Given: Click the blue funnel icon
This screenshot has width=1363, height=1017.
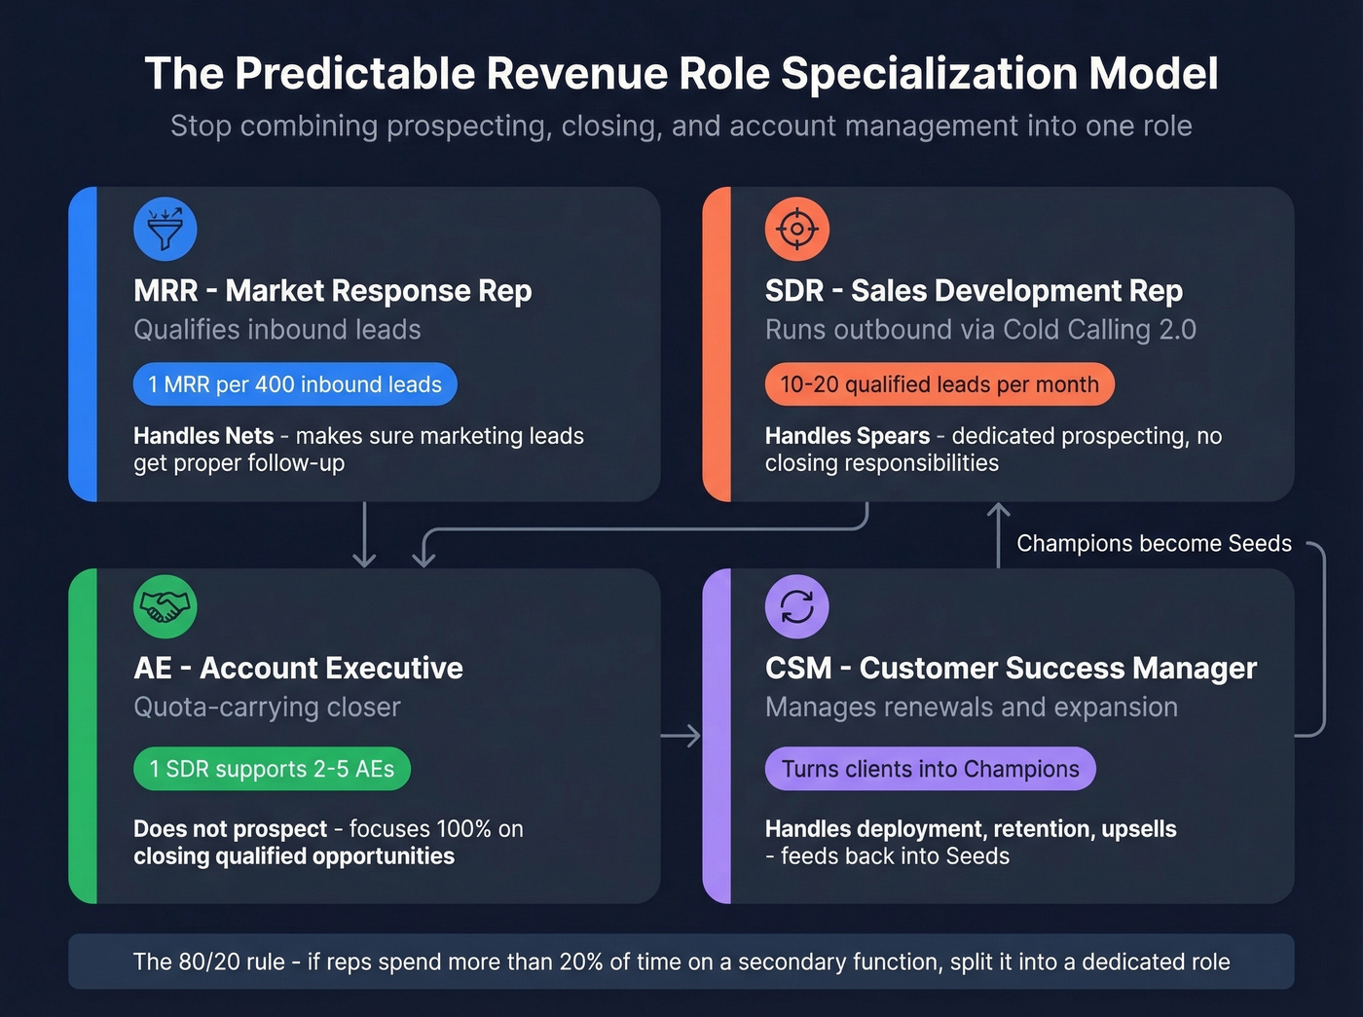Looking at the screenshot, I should coord(166,230).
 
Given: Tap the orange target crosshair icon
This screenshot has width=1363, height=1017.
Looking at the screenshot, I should coord(797,230).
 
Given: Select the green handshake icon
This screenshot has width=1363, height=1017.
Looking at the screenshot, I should coord(166,607).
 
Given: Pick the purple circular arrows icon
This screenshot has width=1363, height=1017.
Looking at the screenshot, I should coord(797,607).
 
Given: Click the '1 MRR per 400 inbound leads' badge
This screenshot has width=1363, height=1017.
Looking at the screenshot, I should coord(295,384).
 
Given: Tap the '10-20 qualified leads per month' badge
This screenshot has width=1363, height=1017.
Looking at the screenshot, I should coord(939,384).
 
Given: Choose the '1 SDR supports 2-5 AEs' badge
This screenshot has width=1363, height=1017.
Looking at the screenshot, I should coord(272,769).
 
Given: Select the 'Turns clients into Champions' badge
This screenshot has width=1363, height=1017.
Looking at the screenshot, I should coord(930,769).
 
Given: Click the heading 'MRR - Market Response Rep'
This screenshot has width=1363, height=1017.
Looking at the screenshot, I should coord(332,290).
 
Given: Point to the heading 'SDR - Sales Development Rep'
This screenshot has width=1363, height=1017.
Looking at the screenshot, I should coord(974,290).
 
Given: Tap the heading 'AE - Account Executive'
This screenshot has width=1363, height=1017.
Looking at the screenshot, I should coord(298,668).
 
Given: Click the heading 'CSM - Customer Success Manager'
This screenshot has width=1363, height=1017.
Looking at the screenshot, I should coord(1011,668).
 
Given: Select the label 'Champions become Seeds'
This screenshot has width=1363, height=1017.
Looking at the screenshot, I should coord(1154,543).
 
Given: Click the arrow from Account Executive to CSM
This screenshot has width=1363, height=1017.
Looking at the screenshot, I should coord(681,736).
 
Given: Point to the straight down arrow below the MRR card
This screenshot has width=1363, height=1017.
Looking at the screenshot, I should coord(364,535).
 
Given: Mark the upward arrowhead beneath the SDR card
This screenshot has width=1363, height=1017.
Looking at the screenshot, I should coord(998,510).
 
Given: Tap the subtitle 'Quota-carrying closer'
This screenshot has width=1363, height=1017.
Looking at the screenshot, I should coord(267,707).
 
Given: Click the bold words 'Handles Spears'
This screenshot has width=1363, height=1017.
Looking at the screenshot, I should coord(847,436).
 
